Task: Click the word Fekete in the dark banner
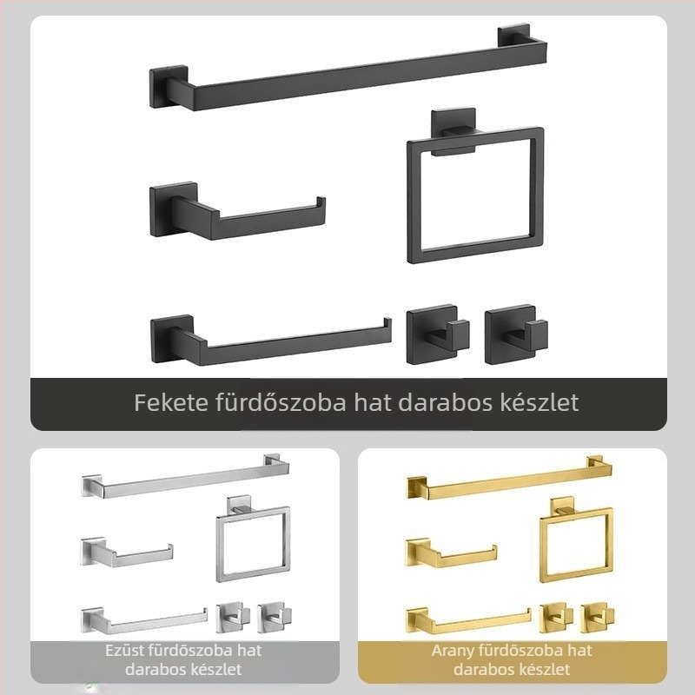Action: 170,402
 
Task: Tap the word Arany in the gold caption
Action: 451,651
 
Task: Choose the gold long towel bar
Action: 510,481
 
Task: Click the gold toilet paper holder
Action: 451,554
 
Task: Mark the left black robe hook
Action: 438,334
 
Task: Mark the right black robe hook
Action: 516,334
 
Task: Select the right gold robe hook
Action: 598,618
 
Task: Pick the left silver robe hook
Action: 233,617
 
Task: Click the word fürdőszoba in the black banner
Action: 281,402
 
